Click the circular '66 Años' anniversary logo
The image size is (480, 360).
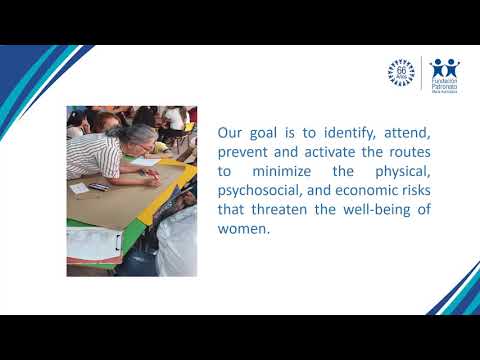(x=402, y=72)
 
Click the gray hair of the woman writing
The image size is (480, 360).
(x=143, y=134)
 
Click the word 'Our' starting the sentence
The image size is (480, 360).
(x=229, y=132)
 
